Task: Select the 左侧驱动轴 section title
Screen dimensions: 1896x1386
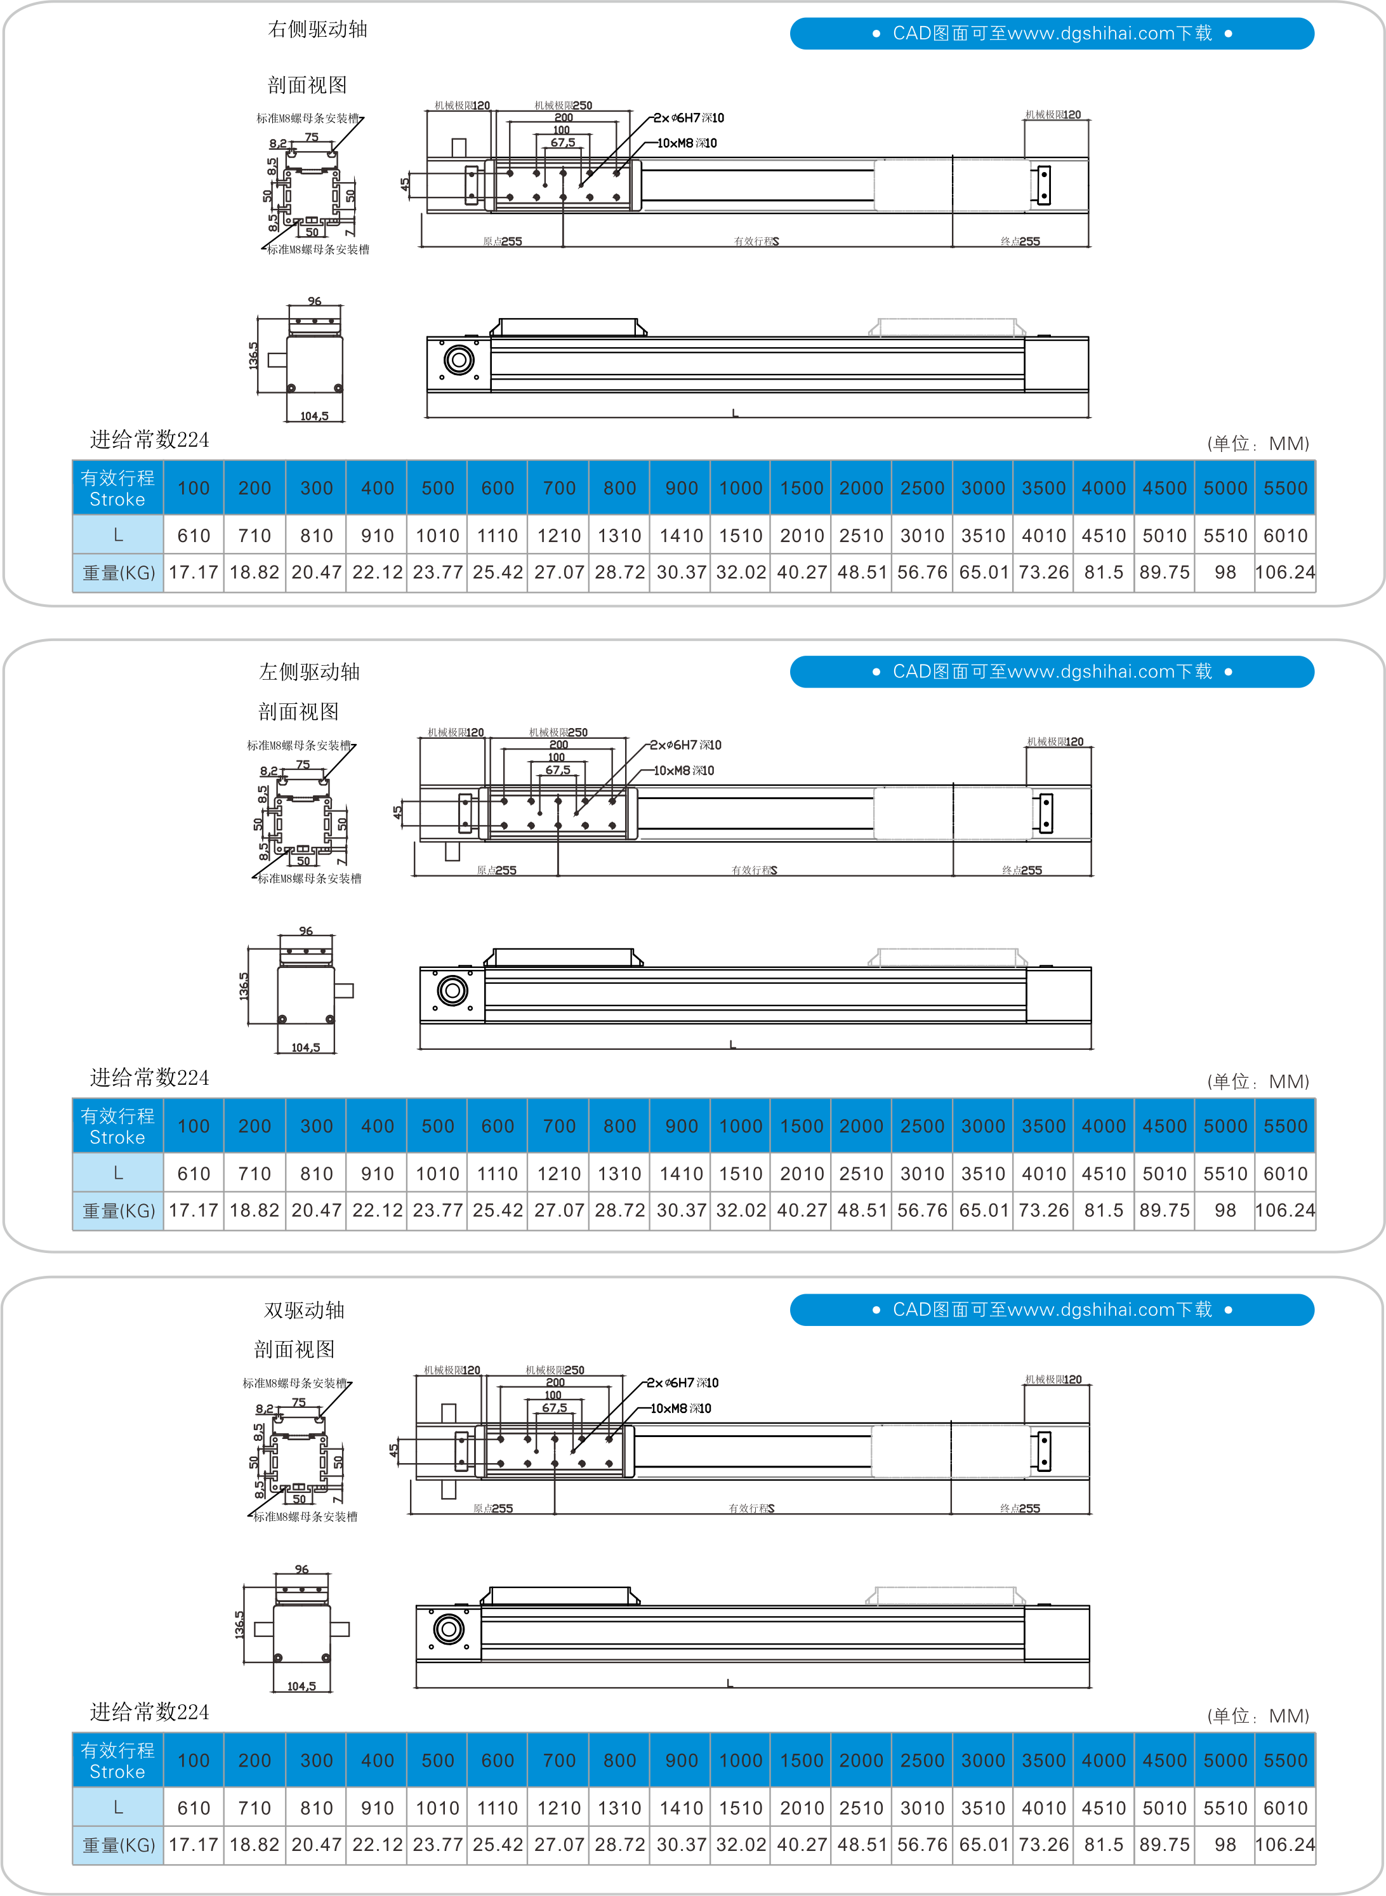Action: [x=309, y=672]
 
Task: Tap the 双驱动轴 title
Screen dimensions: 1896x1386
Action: [x=304, y=1310]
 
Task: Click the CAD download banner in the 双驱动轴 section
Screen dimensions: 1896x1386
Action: [x=1052, y=1309]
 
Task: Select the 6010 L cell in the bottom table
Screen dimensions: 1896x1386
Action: [x=1285, y=1808]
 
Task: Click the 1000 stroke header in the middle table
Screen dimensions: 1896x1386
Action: [x=741, y=1126]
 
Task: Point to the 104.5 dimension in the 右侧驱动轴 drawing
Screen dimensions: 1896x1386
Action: [x=315, y=416]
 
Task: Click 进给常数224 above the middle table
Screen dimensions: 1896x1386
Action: [x=149, y=1078]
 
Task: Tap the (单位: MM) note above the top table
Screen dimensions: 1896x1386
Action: [x=1258, y=444]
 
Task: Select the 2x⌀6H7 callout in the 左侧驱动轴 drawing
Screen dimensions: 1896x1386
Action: [x=685, y=745]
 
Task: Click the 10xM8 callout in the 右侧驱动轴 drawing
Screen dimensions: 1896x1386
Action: [x=687, y=143]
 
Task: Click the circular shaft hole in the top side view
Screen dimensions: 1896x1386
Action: [x=459, y=361]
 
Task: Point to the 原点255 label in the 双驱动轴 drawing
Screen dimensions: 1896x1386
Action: [x=492, y=1508]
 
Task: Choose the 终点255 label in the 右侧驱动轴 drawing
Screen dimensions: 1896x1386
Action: [x=1020, y=242]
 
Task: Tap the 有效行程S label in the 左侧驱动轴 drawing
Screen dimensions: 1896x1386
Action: [x=755, y=871]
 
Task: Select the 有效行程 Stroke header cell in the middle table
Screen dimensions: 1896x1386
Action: [x=117, y=1126]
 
